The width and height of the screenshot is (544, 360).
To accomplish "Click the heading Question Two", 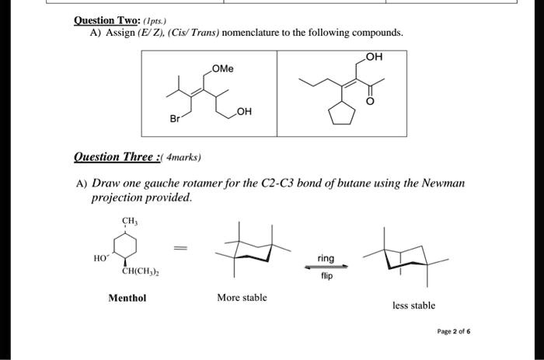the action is coord(107,20).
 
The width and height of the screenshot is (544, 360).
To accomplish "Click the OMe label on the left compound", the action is coord(223,68).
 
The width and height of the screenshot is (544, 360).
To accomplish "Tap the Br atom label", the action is coord(175,119).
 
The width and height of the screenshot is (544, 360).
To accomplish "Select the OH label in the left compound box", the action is coord(244,111).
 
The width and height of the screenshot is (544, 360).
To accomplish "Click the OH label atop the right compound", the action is coord(374,57).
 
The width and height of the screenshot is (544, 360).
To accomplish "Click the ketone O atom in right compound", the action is coord(370,101).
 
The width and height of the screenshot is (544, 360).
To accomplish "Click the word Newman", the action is coord(443,183).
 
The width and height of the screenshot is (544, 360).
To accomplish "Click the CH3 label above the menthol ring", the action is coord(130,221).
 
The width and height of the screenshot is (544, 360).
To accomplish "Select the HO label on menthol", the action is coord(101,258).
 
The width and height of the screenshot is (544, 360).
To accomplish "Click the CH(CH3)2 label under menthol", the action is coord(141,271).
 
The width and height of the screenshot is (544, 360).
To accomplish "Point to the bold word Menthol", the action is coord(127,298).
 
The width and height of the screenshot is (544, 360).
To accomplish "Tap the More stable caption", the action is coord(242,298).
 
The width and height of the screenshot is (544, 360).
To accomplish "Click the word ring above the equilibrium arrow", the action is coord(326,258).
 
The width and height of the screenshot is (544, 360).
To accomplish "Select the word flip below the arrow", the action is coord(326,276).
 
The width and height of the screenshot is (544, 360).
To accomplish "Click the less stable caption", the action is coord(413,306).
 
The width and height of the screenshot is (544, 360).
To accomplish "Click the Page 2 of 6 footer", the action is coord(454,331).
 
